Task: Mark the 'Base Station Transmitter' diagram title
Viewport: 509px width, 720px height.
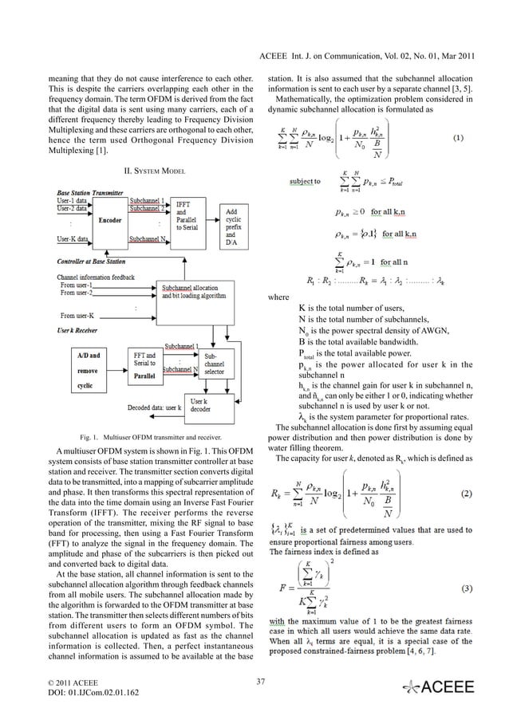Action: [90, 192]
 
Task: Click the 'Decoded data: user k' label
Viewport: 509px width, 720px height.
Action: [155, 407]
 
